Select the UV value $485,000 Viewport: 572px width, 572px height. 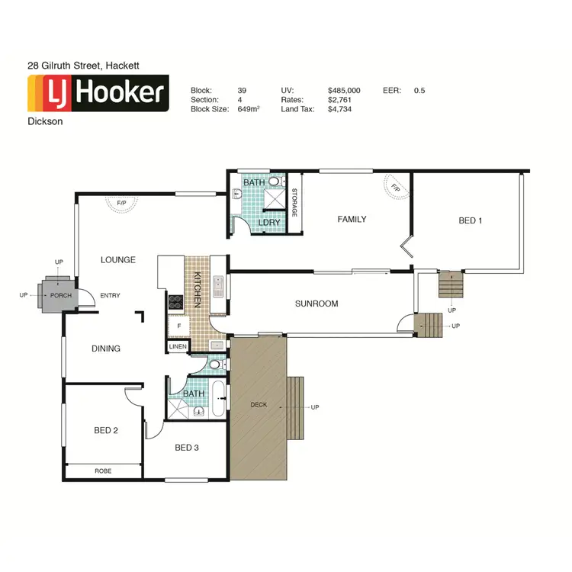(x=344, y=90)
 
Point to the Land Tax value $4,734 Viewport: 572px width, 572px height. (x=339, y=109)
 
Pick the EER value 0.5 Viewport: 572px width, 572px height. (x=419, y=90)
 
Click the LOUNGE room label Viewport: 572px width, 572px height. (x=118, y=260)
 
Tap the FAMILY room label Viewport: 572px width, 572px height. (x=352, y=220)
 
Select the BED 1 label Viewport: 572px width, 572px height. (x=471, y=220)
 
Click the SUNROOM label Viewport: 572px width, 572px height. (x=317, y=304)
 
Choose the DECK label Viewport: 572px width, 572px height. (x=259, y=404)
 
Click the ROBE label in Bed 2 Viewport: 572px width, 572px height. (x=103, y=471)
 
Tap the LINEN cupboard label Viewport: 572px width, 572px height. (x=177, y=346)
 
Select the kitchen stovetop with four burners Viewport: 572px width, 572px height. (x=175, y=302)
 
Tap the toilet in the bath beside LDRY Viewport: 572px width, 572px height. (x=274, y=183)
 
